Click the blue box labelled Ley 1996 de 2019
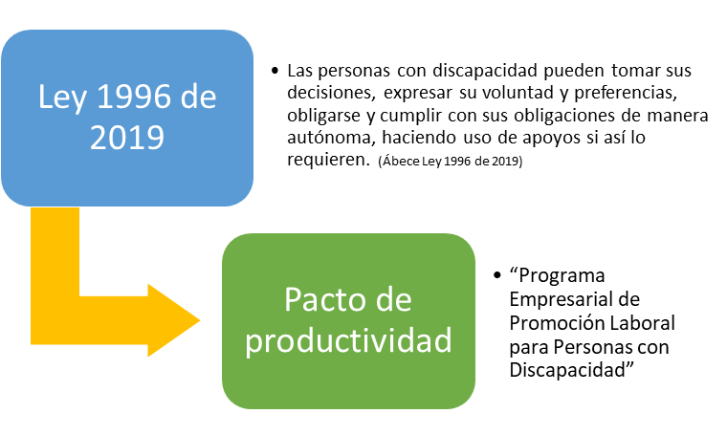(x=127, y=119)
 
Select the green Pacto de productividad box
(x=348, y=321)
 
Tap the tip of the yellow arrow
(x=200, y=320)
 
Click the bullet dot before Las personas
(x=275, y=71)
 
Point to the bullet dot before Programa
(x=497, y=275)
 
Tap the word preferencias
(x=626, y=93)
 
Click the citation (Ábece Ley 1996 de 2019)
(x=451, y=162)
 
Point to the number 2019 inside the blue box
(x=127, y=138)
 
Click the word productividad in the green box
(x=348, y=341)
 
